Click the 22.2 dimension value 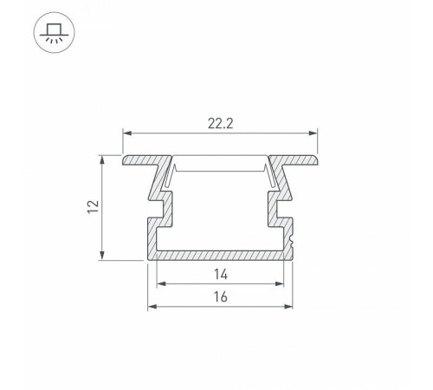220,124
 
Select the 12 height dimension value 93,206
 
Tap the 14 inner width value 221,274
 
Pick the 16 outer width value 221,297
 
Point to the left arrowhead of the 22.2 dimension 127,133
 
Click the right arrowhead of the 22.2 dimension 313,133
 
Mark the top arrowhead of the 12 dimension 102,160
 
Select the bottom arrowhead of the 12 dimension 102,256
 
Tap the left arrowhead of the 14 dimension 161,283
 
